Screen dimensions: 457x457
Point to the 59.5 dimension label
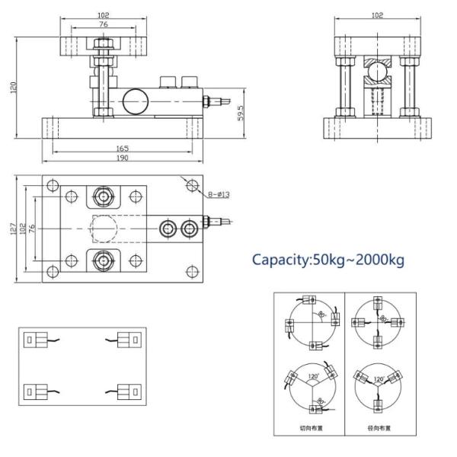click(241, 113)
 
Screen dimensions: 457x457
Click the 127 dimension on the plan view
click(14, 228)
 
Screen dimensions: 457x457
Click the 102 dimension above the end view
click(376, 14)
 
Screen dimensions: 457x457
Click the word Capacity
click(281, 260)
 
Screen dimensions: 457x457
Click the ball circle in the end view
click(376, 74)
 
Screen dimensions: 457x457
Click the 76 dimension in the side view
click(102, 24)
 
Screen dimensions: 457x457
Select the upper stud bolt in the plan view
click(101, 197)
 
